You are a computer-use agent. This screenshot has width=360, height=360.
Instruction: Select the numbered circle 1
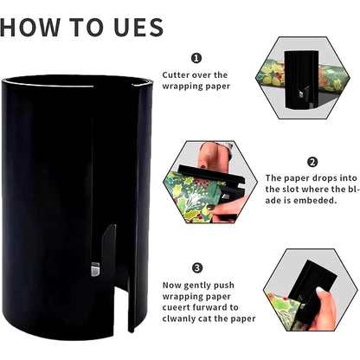tap(196, 59)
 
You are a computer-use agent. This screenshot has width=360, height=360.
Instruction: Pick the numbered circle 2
tap(312, 161)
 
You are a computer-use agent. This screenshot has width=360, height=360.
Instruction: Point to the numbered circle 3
tap(196, 267)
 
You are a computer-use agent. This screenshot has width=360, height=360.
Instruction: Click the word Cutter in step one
tap(179, 75)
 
